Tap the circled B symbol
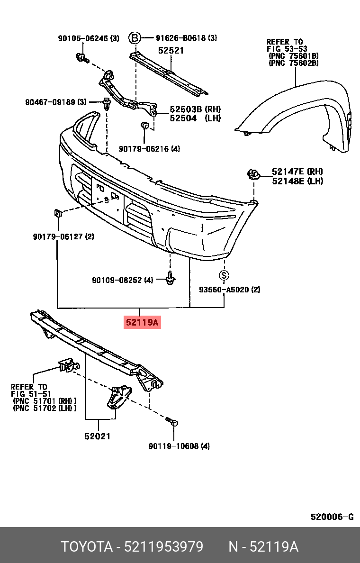[x=135, y=38]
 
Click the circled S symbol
[x=224, y=275]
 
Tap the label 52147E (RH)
[x=297, y=172]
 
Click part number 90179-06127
[x=63, y=236]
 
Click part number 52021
[x=98, y=436]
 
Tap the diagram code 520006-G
[x=332, y=517]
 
